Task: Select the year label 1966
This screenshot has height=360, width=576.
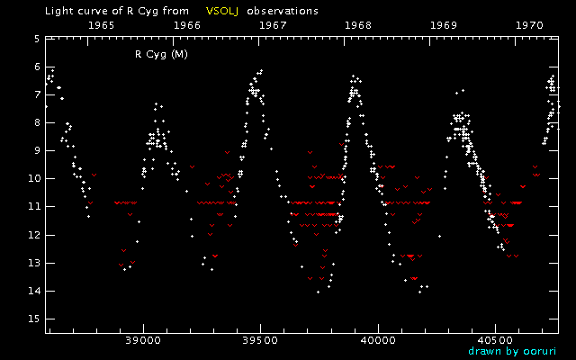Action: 187,26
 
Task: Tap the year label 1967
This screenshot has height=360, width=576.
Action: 273,26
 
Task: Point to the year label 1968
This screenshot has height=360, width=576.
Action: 358,26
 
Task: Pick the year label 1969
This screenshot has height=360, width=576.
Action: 444,26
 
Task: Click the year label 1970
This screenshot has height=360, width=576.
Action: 529,26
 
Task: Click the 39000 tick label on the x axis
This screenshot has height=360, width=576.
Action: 143,341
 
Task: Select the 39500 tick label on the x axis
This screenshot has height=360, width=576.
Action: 260,341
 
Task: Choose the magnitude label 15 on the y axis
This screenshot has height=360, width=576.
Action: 33,319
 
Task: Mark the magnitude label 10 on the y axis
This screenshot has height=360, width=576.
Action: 33,179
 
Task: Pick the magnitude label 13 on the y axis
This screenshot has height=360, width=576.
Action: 33,264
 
